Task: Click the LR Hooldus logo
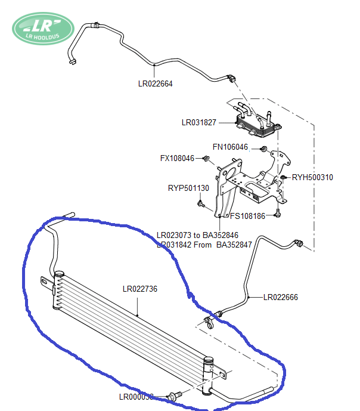coord(43,28)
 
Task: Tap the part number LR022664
coord(155,84)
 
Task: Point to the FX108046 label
coord(178,159)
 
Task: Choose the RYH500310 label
coord(312,177)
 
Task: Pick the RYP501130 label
coord(188,188)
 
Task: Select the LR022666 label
coord(281,297)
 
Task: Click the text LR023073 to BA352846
coord(197,235)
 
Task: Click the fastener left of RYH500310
coord(284,177)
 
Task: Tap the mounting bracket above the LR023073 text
coord(250,179)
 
